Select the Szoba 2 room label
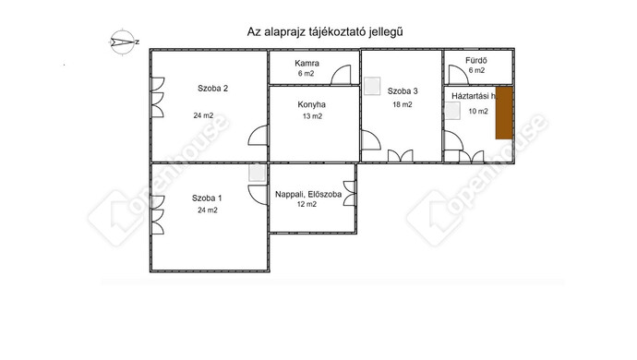pos(212,89)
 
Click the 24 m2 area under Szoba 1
pos(207,210)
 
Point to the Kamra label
pos(307,62)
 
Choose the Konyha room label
pos(312,104)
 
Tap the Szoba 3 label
pos(403,90)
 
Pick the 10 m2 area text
pos(478,111)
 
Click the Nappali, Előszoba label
pos(307,193)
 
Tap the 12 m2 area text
pos(306,205)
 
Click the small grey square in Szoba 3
pos(371,86)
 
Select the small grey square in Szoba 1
pos(257,173)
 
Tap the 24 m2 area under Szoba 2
pos(203,115)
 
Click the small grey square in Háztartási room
pos(452,111)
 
